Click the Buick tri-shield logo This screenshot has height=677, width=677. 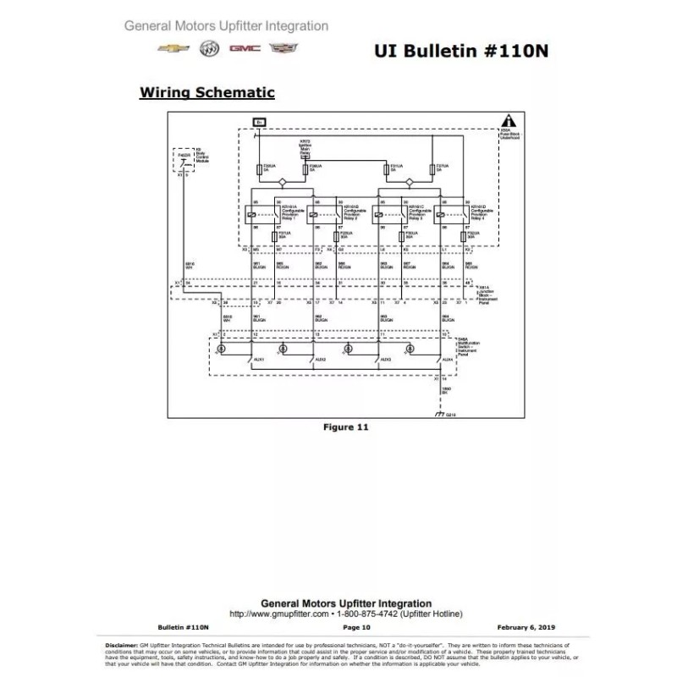(208, 49)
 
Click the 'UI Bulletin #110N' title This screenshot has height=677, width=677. (460, 49)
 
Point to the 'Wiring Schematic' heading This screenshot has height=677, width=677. (206, 91)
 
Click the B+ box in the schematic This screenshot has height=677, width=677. (260, 123)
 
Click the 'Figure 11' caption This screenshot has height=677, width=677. (346, 427)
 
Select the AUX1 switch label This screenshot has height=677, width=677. (259, 359)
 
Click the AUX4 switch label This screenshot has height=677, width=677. (448, 359)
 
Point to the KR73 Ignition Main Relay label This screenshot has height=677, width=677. (305, 146)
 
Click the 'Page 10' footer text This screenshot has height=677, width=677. (356, 627)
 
